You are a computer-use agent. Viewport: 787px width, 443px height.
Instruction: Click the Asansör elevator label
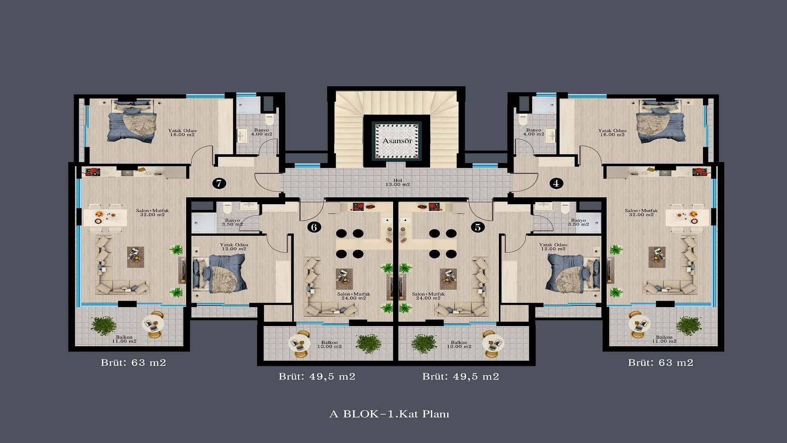tap(397, 141)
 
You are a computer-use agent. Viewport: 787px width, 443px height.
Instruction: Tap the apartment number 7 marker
tap(219, 183)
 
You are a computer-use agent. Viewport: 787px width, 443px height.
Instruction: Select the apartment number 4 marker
tap(556, 183)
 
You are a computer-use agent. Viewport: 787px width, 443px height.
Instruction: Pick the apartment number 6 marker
tap(314, 227)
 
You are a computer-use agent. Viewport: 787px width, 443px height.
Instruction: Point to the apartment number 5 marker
tap(478, 227)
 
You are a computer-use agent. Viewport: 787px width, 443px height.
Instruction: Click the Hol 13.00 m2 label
tap(398, 183)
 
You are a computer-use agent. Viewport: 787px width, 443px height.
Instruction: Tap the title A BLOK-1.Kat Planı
tap(389, 414)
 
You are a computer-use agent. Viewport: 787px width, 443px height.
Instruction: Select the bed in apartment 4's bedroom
tap(660, 121)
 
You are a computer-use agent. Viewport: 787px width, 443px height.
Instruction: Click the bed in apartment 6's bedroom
tap(219, 273)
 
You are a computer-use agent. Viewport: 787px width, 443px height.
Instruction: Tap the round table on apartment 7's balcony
tap(153, 324)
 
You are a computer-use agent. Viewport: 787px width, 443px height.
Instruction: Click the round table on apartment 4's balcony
tap(639, 324)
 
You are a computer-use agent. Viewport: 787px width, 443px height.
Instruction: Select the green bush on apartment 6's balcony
tap(369, 344)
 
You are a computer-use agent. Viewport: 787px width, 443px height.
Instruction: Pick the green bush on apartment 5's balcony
tap(424, 344)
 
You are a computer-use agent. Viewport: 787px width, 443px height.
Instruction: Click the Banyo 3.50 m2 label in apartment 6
tap(232, 222)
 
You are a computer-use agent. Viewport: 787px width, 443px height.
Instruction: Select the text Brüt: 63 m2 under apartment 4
tap(661, 363)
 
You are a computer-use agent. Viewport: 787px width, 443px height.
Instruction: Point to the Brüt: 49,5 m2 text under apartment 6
tap(317, 377)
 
